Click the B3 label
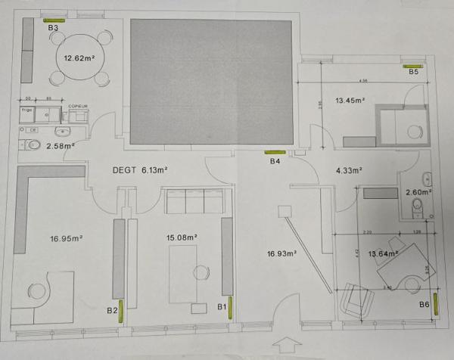[x=53, y=28]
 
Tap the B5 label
[x=413, y=73]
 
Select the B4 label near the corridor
[x=275, y=162]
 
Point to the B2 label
[x=112, y=310]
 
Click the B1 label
[x=222, y=306]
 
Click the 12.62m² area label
[x=79, y=57]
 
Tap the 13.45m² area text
[x=350, y=100]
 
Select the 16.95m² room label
[x=67, y=239]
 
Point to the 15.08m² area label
[x=182, y=237]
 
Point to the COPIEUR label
[x=78, y=107]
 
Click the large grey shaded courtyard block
[x=211, y=82]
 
